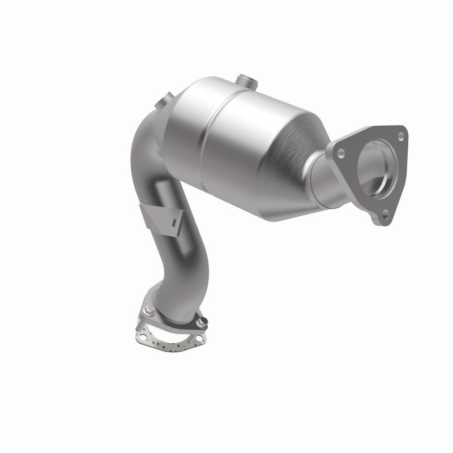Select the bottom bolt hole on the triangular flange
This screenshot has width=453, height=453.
click(386, 213)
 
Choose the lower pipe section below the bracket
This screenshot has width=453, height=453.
click(173, 272)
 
